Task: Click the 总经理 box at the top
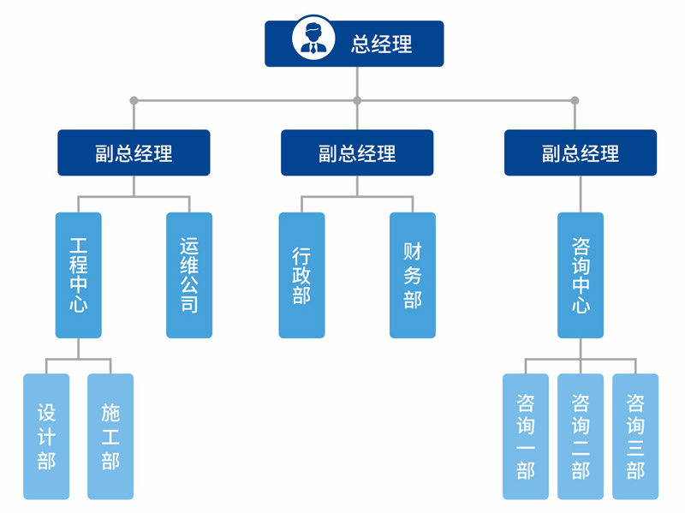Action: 354,44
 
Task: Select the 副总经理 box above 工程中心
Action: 134,153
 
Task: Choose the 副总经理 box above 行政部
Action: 357,153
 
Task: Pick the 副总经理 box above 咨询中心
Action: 581,153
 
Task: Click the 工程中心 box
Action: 79,275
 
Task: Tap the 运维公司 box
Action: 189,275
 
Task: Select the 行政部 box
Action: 301,275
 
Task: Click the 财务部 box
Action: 413,275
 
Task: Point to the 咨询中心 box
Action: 581,275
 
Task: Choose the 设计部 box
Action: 46,436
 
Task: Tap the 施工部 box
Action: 110,436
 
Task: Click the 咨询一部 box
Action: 526,436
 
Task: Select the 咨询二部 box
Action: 581,436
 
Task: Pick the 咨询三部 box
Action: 635,436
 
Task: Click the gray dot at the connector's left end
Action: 134,101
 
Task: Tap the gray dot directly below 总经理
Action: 357,101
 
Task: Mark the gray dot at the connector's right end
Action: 575,101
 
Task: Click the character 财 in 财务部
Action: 413,251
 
